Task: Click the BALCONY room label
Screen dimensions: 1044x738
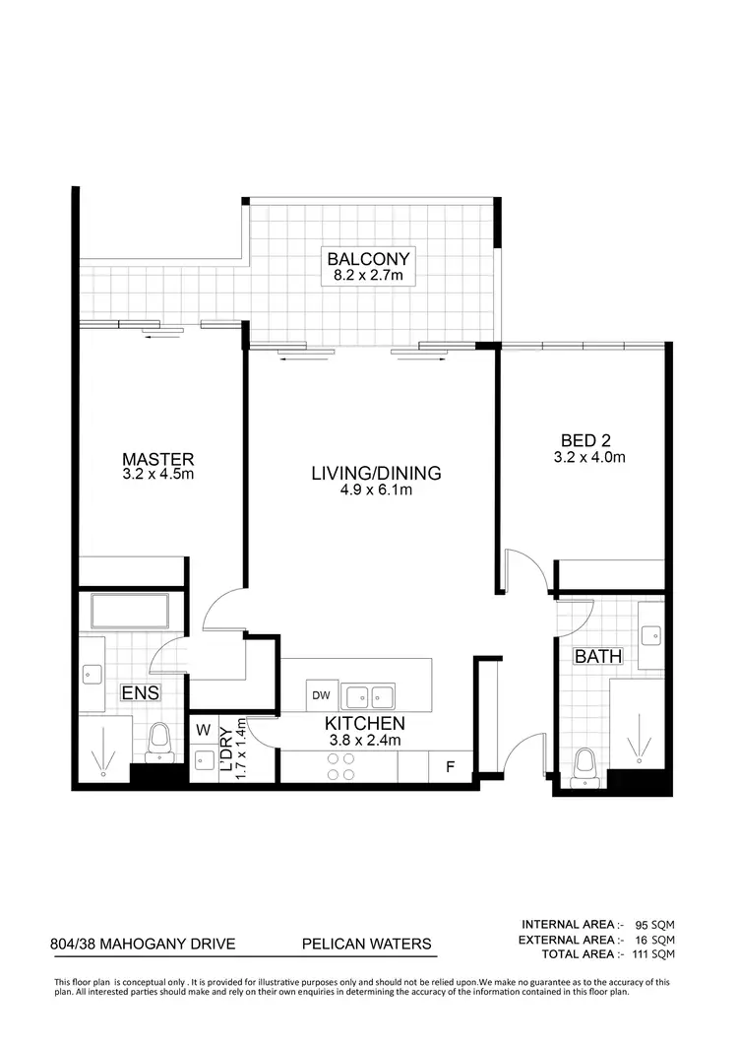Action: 367,260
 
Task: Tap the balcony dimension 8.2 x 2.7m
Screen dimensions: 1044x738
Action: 367,277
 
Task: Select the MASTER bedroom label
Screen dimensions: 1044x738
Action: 158,459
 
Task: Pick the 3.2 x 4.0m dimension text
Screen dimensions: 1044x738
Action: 589,457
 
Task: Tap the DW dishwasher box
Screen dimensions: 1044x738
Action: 322,694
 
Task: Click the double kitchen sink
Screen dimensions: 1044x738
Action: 369,695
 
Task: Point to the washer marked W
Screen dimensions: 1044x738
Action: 204,731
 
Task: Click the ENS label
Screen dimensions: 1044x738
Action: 141,693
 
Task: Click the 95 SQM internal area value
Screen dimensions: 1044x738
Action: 653,924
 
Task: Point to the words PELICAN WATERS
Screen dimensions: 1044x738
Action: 366,944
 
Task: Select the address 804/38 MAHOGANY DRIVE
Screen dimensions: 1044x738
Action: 143,944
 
